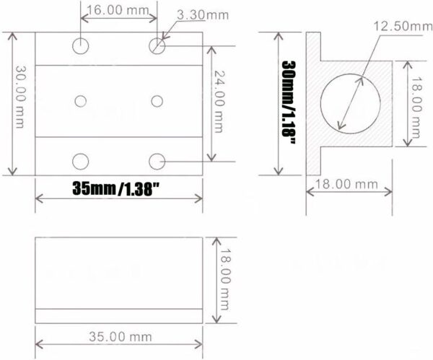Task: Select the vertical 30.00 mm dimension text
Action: (x=22, y=102)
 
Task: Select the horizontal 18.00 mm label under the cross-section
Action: (x=349, y=184)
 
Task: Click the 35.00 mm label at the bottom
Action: (x=118, y=336)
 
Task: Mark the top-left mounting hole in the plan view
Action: (x=81, y=46)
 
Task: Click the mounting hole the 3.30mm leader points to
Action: (x=157, y=46)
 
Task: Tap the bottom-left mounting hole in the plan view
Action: (x=81, y=159)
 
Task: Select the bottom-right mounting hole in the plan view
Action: (x=157, y=159)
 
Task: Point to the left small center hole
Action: (x=81, y=100)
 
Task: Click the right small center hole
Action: (x=157, y=100)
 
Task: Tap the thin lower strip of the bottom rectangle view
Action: (x=119, y=315)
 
